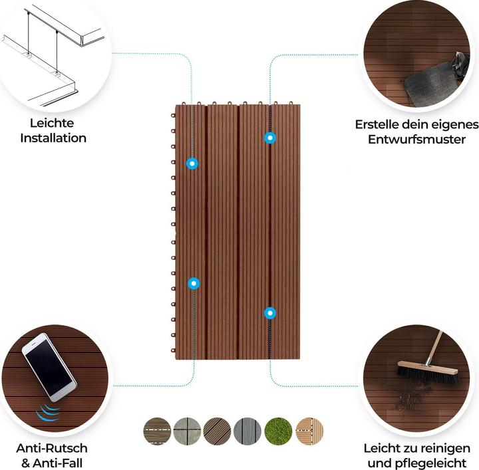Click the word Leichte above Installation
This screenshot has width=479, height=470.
tap(52, 123)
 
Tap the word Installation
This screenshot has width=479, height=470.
tap(53, 138)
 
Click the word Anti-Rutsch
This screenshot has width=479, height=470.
tap(52, 449)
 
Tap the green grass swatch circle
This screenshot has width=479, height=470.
tap(279, 431)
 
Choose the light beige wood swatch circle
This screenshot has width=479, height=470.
tap(309, 431)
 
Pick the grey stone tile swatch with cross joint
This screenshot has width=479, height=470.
tap(187, 431)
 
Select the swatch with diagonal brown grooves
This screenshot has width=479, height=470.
tap(218, 431)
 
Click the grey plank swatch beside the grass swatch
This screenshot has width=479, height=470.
tap(248, 431)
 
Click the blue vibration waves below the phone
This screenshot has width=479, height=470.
tap(47, 413)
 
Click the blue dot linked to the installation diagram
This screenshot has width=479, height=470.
tap(192, 163)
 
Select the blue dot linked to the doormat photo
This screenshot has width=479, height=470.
tap(269, 138)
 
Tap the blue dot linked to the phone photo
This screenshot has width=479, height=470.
tap(194, 284)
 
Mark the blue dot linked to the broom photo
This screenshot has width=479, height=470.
tap(269, 312)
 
